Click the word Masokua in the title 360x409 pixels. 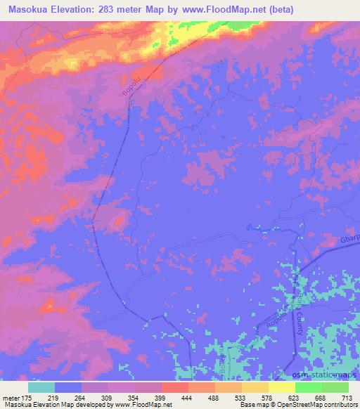[27, 9]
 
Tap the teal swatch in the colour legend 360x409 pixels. [41, 387]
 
